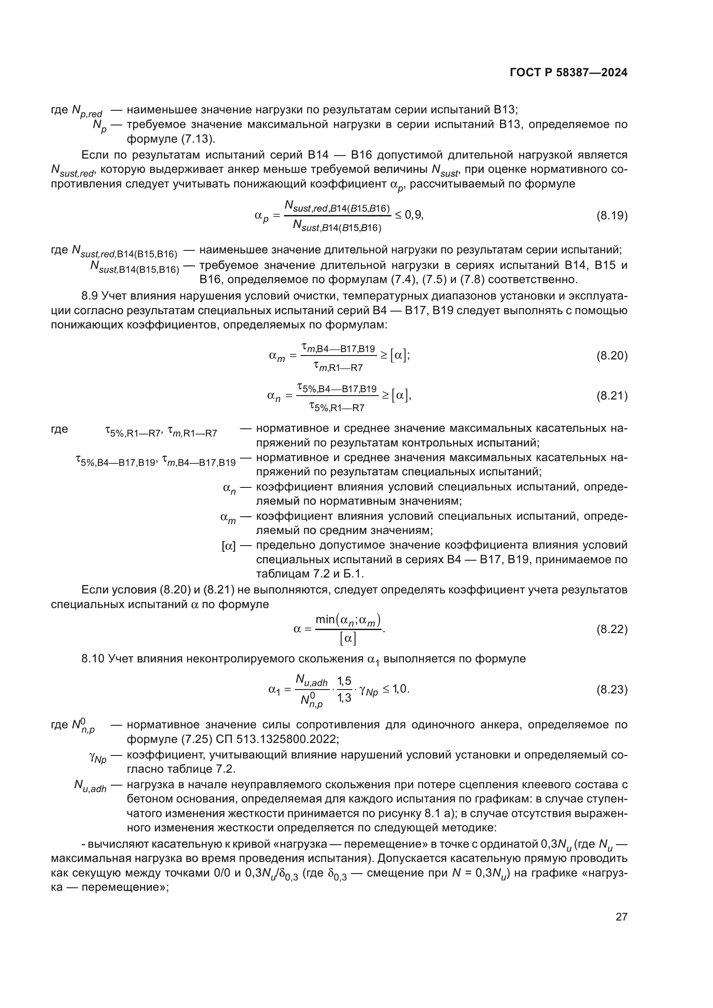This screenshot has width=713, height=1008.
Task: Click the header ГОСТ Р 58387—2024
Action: pyautogui.click(x=568, y=73)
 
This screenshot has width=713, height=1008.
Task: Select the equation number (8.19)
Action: pyautogui.click(x=612, y=215)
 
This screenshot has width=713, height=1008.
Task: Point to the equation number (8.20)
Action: pyautogui.click(x=612, y=356)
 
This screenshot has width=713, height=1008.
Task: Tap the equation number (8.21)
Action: pyautogui.click(x=612, y=396)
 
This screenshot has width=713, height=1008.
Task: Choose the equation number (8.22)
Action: pyautogui.click(x=612, y=630)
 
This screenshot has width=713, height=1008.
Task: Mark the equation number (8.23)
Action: pyautogui.click(x=612, y=690)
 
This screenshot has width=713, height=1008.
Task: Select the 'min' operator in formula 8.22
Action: pyautogui.click(x=325, y=619)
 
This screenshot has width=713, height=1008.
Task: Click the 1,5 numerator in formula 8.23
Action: pyautogui.click(x=344, y=681)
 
